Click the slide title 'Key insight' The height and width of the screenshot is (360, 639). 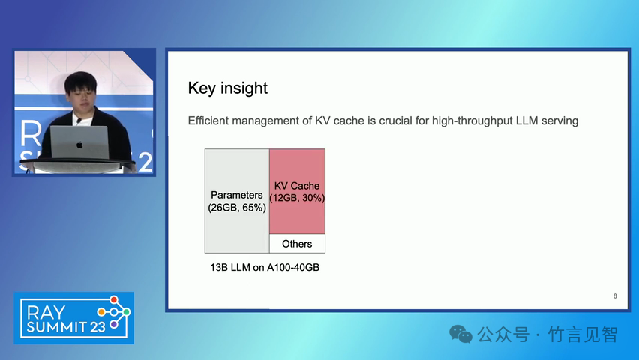(x=228, y=88)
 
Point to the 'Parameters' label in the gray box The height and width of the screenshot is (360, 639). (x=237, y=195)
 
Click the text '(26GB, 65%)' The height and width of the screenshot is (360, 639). (x=237, y=208)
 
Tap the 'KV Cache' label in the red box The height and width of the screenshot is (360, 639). (x=297, y=186)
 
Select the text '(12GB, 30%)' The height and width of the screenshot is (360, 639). (x=297, y=198)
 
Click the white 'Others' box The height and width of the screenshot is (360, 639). (x=297, y=244)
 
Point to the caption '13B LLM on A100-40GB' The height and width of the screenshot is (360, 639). (x=265, y=268)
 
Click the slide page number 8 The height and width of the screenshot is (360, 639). (x=615, y=296)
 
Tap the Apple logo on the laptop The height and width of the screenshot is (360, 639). (x=79, y=145)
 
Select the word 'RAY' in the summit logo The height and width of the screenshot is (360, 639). (x=46, y=313)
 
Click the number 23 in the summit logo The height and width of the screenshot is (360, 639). (x=97, y=326)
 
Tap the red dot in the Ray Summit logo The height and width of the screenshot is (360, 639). (x=114, y=300)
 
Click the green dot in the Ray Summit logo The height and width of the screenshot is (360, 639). (x=126, y=312)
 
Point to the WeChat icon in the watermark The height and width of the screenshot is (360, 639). (x=460, y=334)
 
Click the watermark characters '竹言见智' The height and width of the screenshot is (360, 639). (x=583, y=334)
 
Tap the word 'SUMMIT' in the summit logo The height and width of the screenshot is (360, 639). (x=57, y=326)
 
